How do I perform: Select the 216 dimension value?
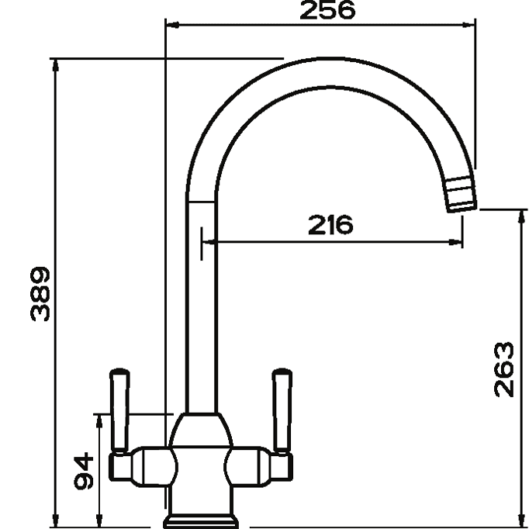(331, 225)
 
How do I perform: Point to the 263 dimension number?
(504, 368)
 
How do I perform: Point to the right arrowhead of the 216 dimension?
(458, 242)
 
